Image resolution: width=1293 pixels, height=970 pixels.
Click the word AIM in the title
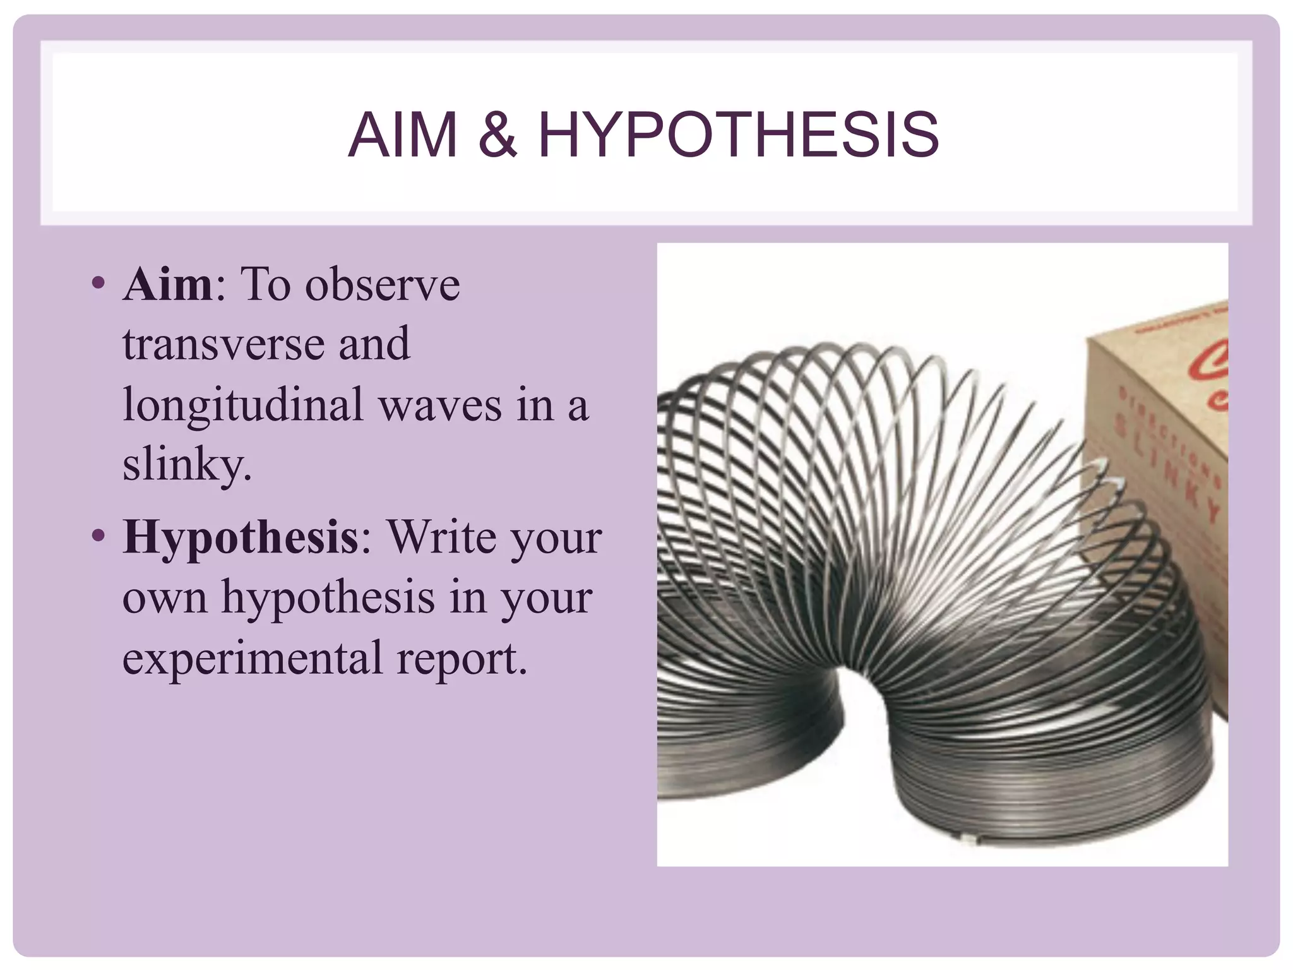(402, 135)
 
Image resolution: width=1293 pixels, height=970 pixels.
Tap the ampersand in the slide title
(498, 135)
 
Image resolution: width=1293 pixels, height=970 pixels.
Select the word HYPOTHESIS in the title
(738, 135)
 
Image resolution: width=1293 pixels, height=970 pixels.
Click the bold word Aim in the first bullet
(168, 284)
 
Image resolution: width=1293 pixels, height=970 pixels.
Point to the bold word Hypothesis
(241, 537)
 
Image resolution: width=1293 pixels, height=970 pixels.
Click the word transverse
(223, 344)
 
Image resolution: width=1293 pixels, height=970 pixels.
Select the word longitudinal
(242, 405)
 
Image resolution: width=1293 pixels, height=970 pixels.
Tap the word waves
(440, 405)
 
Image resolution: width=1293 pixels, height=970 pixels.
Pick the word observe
(383, 284)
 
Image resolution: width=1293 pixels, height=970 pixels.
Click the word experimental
(253, 658)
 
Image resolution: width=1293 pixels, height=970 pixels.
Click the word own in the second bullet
(164, 598)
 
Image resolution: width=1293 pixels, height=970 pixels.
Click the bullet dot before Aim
(97, 282)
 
